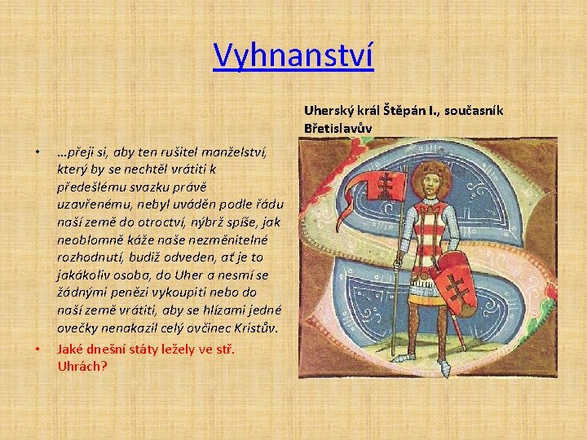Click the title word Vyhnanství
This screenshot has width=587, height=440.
click(x=293, y=56)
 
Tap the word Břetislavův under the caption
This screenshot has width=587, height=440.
click(x=338, y=128)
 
